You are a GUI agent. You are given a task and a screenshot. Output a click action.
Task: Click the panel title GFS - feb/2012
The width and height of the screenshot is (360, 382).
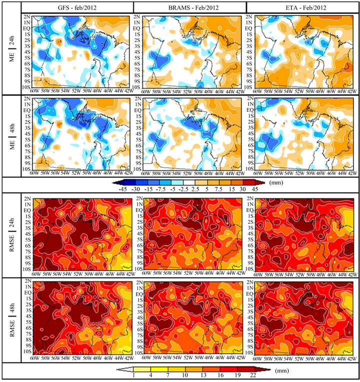pyautogui.click(x=77, y=8)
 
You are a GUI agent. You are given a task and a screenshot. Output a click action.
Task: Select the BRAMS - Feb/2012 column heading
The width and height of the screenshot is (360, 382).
pyautogui.click(x=193, y=8)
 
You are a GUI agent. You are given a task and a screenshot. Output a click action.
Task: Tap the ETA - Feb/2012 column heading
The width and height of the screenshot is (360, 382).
pyautogui.click(x=306, y=8)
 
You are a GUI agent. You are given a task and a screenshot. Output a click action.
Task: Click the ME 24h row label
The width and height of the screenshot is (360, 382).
pyautogui.click(x=12, y=49)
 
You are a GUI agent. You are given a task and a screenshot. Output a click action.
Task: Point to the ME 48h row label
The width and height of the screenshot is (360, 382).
pyautogui.click(x=12, y=136)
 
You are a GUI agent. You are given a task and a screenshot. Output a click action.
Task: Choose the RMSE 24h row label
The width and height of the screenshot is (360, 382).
pyautogui.click(x=12, y=235)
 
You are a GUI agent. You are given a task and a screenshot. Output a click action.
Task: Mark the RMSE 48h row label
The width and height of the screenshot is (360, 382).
pyautogui.click(x=12, y=320)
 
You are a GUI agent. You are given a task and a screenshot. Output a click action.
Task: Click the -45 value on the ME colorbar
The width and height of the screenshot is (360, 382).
pyautogui.click(x=122, y=189)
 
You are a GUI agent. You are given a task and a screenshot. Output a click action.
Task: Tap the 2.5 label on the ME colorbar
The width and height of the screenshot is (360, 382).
pyautogui.click(x=195, y=189)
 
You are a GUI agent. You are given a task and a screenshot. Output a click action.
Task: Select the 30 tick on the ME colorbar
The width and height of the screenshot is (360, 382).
pyautogui.click(x=242, y=189)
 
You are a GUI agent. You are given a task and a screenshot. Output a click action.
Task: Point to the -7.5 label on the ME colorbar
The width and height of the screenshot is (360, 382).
pyautogui.click(x=159, y=189)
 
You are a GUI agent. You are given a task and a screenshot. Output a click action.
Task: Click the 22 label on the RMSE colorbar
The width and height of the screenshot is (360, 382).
pyautogui.click(x=253, y=375)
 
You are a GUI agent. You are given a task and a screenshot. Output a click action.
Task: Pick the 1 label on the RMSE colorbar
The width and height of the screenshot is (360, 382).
pyautogui.click(x=133, y=375)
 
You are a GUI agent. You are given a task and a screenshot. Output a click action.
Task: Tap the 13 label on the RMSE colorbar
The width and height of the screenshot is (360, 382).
pyautogui.click(x=203, y=375)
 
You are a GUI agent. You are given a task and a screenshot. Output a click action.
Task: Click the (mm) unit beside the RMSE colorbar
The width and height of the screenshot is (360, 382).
pyautogui.click(x=282, y=371)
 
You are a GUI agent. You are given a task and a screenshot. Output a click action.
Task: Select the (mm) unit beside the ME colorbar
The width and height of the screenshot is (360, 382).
pyautogui.click(x=276, y=182)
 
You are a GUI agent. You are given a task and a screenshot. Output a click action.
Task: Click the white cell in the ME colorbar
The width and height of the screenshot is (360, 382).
pyautogui.click(x=189, y=182)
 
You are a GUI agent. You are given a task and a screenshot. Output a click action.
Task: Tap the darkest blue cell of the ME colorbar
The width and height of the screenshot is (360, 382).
pyautogui.click(x=130, y=182)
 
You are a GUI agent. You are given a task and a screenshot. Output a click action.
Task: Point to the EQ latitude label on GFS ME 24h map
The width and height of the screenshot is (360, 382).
pyautogui.click(x=27, y=28)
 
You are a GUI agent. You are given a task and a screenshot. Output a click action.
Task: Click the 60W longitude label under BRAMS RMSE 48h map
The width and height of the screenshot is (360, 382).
pyautogui.click(x=146, y=358)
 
